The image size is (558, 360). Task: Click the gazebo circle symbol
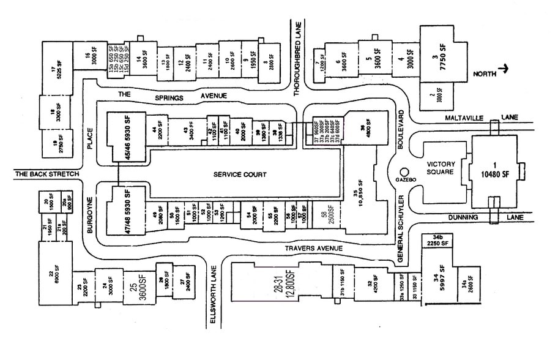point(403,173)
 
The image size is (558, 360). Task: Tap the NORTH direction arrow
point(502,71)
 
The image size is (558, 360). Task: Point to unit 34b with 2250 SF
point(438,239)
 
